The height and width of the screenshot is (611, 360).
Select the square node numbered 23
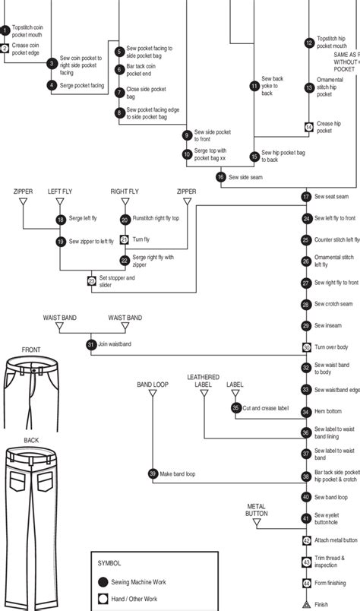pos(92,281)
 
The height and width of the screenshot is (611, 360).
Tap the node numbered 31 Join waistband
pos(91,344)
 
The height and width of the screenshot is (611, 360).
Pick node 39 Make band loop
pos(153,473)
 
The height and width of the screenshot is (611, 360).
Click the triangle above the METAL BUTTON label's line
pos(256,523)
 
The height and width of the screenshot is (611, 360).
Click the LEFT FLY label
pos(61,192)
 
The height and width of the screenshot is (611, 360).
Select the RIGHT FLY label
pos(125,192)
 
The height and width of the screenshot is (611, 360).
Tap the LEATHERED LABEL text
pos(204,381)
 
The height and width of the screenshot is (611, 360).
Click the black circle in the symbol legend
pos(103,581)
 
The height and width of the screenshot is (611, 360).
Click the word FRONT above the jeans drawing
pos(31,350)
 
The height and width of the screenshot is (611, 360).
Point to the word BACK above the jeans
pos(31,440)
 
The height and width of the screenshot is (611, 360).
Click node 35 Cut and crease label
pos(235,408)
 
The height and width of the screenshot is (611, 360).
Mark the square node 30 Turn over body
pos(307,347)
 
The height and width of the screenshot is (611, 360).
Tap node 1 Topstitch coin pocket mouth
pos(5,30)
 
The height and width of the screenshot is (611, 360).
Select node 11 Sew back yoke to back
pos(254,86)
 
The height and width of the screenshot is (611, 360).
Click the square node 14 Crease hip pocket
pos(308,127)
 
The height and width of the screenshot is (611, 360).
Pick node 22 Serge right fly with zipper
pos(125,260)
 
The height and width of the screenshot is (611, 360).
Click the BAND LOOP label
pos(153,385)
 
